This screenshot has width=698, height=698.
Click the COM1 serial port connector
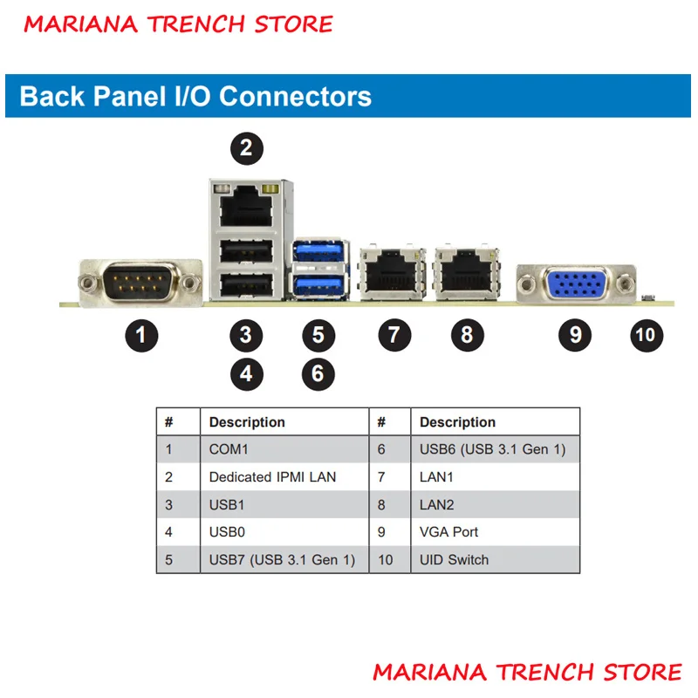140,282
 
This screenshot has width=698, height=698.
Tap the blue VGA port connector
576,283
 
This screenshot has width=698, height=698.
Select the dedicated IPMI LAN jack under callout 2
246,207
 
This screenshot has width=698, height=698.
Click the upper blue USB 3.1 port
319,252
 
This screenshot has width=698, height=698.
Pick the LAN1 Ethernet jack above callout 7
392,272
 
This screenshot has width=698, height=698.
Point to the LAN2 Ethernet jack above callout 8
467,272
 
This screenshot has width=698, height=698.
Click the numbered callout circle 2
247,148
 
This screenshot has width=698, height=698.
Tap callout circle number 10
647,335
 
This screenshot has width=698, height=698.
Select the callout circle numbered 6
318,374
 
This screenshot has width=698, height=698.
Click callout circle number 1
141,335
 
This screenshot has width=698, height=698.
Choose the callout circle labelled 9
575,335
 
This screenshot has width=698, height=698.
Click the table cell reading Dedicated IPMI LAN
272,477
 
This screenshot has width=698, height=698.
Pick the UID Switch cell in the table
454,559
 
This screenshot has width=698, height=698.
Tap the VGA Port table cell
448,532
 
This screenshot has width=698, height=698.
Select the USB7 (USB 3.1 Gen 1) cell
282,559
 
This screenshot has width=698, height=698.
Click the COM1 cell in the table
229,449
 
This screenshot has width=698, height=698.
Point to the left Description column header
247,422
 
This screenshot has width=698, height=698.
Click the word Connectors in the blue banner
295,96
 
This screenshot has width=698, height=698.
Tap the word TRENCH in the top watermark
196,24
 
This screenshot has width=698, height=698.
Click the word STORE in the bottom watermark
642,672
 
